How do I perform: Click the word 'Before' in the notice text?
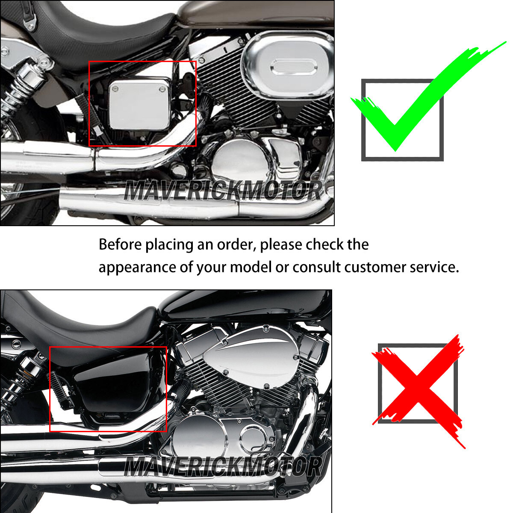click(120, 244)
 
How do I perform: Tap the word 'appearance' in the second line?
click(137, 268)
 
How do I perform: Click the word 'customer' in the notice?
click(375, 267)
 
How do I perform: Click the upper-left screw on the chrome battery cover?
click(115, 89)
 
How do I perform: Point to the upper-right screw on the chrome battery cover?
click(162, 89)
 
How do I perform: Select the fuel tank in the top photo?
click(256, 13)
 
